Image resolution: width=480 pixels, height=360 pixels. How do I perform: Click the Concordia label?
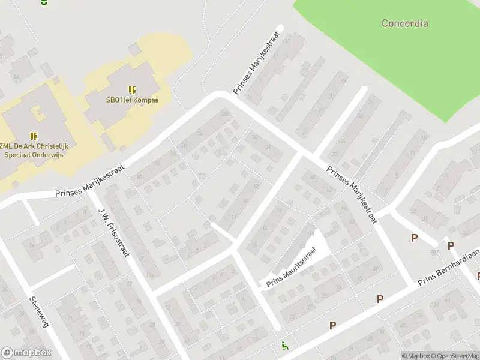[x=405, y=23]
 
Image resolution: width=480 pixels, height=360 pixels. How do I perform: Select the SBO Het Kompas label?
[x=132, y=100]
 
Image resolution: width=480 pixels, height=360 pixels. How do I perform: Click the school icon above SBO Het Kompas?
[x=132, y=89]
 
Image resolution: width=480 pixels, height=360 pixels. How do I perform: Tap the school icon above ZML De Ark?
[x=34, y=136]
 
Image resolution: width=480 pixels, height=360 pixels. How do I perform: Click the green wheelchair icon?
[x=284, y=346]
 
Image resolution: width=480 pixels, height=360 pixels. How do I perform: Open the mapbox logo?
[x=26, y=353]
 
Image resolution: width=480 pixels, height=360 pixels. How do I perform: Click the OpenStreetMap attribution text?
[x=455, y=356]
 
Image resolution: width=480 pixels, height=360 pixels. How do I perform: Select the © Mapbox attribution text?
[x=416, y=356]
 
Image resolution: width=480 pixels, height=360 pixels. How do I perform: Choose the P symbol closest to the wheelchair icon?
[x=332, y=325]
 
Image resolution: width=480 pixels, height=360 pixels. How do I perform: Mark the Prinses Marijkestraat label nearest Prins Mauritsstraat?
[x=352, y=194]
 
